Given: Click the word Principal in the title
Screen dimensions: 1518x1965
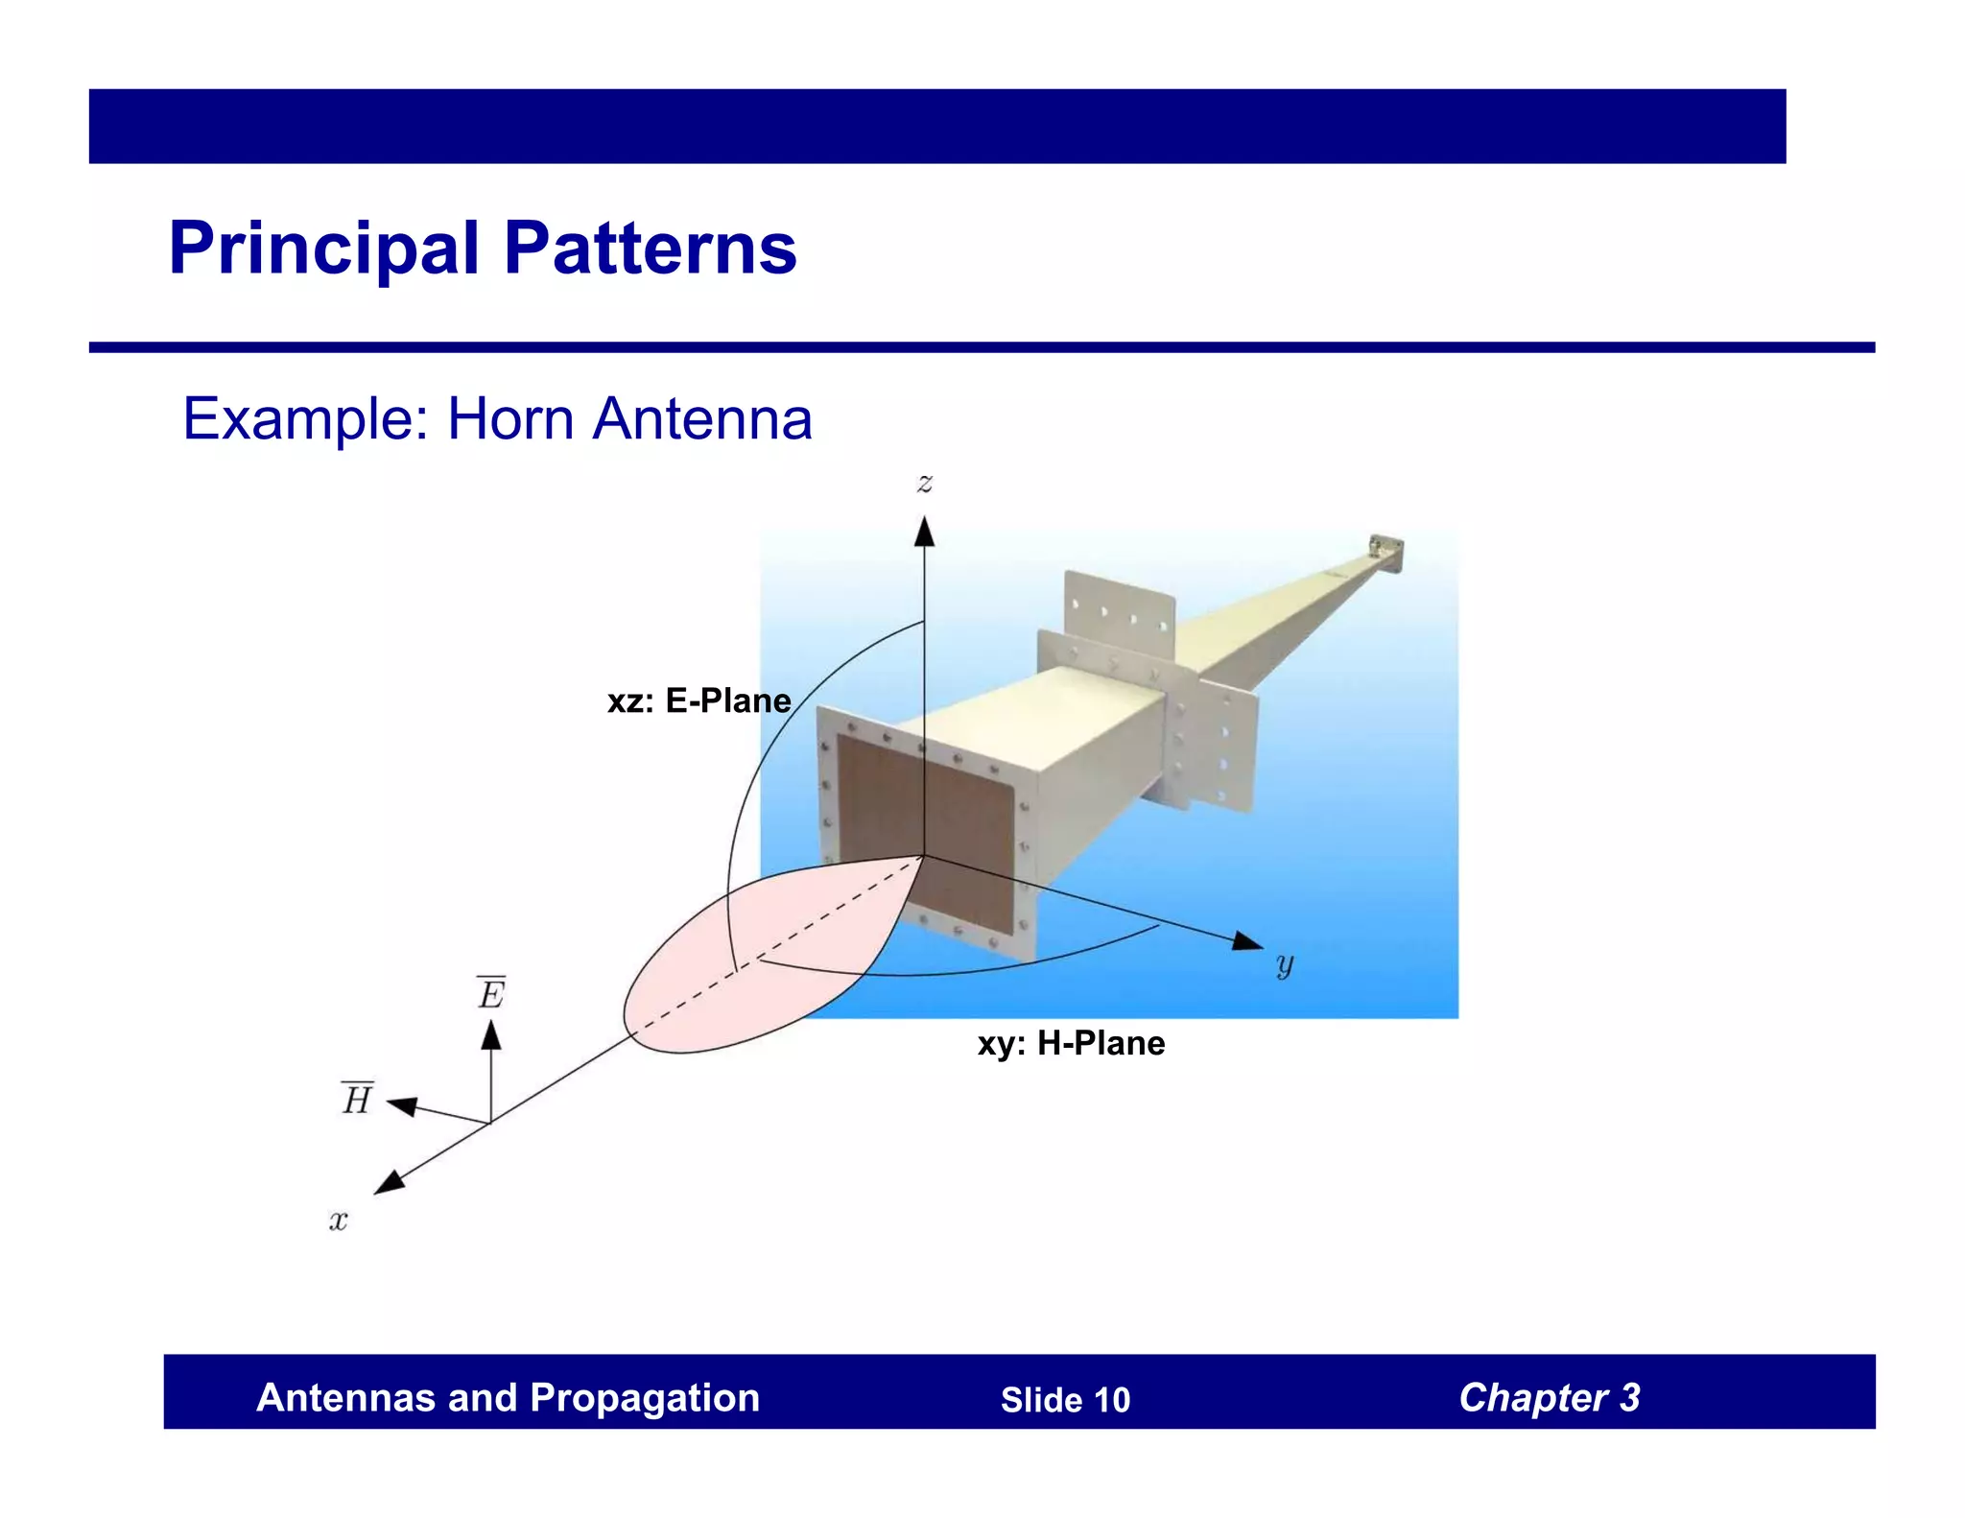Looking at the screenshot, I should pos(323,249).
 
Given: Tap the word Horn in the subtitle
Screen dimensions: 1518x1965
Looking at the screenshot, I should pos(510,419).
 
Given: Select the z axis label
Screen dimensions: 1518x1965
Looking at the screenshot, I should pos(925,483).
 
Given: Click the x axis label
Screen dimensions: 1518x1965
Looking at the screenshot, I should pos(338,1221).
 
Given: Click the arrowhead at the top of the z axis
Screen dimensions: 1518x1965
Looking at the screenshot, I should pos(924,531).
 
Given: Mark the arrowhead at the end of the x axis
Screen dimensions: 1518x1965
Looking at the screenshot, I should pos(388,1184).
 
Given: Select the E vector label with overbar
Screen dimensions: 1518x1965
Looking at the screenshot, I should pos(491,993).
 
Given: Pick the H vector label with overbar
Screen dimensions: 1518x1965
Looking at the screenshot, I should pos(357,1099).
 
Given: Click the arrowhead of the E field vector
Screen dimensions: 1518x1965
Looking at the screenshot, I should pos(491,1034).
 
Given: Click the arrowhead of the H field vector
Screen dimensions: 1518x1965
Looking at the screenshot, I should pos(401,1106).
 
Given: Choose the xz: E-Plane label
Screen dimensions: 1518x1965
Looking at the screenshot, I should pos(698,701).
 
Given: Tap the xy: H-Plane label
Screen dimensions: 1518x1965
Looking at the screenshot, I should pos(1071,1043).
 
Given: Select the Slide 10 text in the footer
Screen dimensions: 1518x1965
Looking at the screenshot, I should pos(1065,1400).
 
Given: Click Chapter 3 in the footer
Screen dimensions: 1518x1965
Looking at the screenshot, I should pos(1549,1398).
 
